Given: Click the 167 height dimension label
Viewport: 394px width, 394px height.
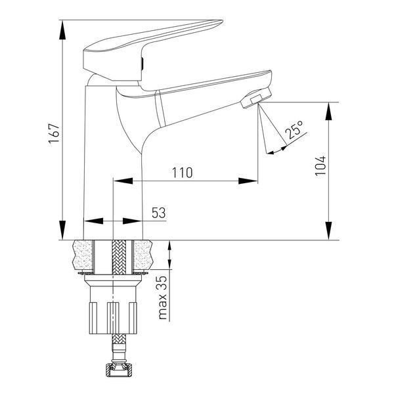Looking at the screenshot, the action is (55, 133).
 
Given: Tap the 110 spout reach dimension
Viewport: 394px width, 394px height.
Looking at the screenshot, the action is (182, 173).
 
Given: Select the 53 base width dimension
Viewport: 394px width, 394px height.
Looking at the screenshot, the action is (159, 213).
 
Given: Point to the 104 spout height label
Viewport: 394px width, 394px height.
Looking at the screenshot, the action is (320, 166).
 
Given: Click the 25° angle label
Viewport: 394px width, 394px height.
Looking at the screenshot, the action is (294, 129).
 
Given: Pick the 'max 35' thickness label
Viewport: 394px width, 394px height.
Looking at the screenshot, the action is (163, 297).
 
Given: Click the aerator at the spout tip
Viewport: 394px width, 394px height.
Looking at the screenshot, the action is (256, 98).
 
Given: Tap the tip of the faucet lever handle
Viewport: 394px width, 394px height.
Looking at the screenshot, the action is (222, 21).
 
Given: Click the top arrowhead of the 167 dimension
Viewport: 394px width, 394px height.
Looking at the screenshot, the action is (62, 30).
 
